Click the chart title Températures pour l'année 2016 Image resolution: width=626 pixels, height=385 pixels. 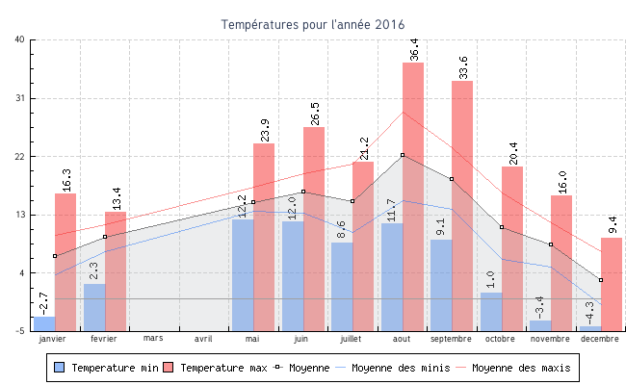click(313, 24)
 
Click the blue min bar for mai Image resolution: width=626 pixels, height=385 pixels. click(242, 274)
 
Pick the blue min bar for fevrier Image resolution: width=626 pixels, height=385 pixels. click(94, 306)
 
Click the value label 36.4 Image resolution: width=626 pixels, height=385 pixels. click(414, 49)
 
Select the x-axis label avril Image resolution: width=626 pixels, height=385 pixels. click(203, 339)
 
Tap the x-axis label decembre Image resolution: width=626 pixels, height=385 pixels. click(599, 339)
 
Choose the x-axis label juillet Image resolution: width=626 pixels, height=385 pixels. click(352, 339)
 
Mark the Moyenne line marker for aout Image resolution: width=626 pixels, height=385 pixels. click(403, 155)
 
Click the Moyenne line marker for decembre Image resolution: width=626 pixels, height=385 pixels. click(601, 280)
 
